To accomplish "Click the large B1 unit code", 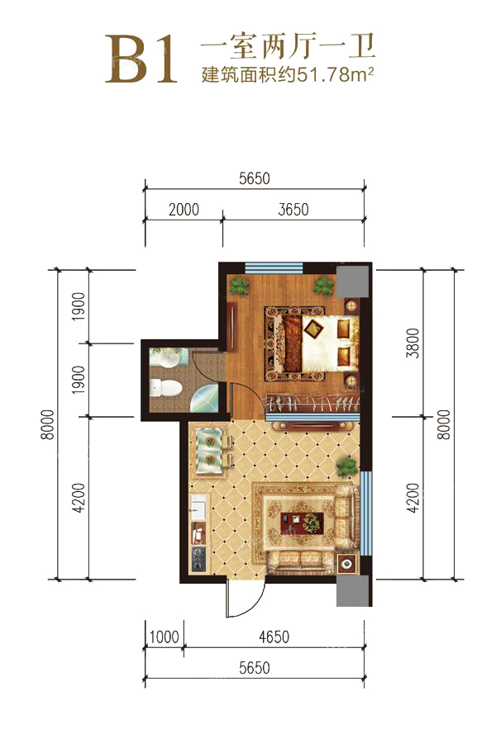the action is pyautogui.click(x=141, y=59).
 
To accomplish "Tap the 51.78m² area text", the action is pyautogui.click(x=335, y=74).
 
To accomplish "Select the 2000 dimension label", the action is pyautogui.click(x=184, y=210).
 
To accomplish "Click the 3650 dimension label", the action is pyautogui.click(x=293, y=210).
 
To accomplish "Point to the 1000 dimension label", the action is pyautogui.click(x=165, y=637).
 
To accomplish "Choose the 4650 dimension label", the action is pyautogui.click(x=274, y=637).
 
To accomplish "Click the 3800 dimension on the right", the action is pyautogui.click(x=413, y=343).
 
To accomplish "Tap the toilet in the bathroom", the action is pyautogui.click(x=165, y=388).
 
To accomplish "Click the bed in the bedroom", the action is pyautogui.click(x=319, y=344).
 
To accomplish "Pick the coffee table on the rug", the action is pyautogui.click(x=302, y=522).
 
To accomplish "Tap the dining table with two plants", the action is pyautogui.click(x=209, y=450).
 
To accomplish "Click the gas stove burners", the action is pyautogui.click(x=198, y=559).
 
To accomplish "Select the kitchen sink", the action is pyautogui.click(x=198, y=507).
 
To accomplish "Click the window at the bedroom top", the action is pyautogui.click(x=274, y=267).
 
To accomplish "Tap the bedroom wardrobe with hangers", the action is pyautogui.click(x=312, y=404).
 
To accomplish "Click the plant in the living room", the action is pyautogui.click(x=347, y=466).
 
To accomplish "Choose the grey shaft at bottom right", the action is pyautogui.click(x=353, y=590).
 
